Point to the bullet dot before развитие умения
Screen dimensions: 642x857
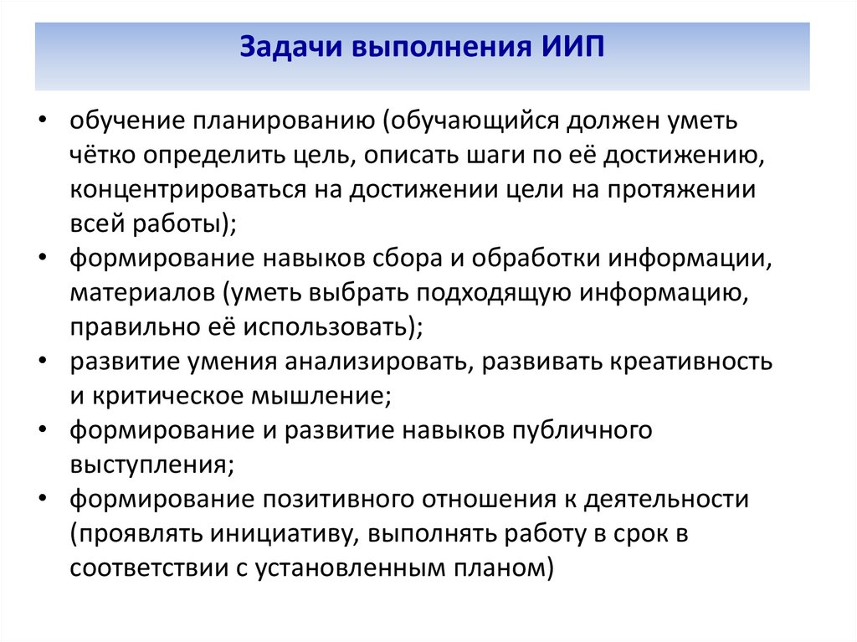coord(42,362)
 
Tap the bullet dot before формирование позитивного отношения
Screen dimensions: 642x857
coord(42,500)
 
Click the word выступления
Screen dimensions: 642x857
coord(147,465)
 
